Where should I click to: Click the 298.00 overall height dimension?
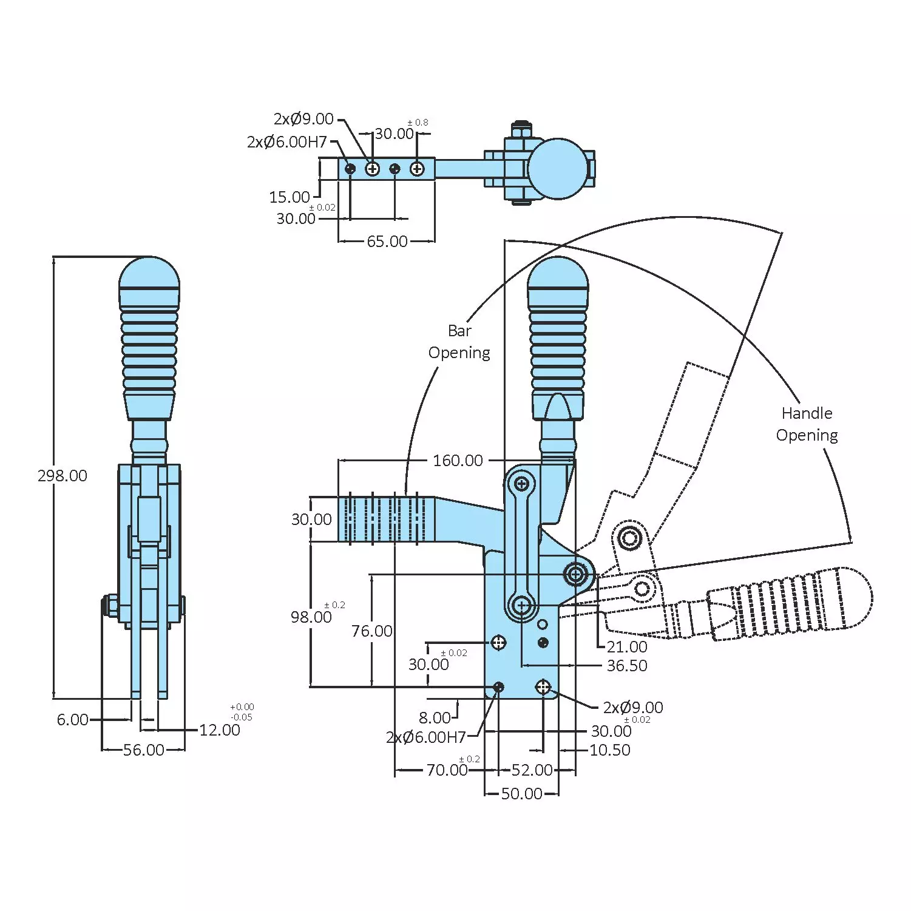point(63,476)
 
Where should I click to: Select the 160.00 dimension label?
point(458,461)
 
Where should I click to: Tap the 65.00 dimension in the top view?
point(387,242)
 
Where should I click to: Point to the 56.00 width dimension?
point(143,750)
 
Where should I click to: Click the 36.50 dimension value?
point(627,666)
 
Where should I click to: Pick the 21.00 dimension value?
point(627,647)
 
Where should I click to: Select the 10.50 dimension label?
point(610,750)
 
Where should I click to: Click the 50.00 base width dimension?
point(521,794)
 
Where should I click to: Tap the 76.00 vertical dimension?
point(371,631)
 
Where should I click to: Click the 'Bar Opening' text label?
point(459,342)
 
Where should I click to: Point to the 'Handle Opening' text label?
point(807,424)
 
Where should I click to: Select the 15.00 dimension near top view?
point(290,197)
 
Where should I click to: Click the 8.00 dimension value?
point(435,718)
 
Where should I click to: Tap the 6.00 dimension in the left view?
point(72,720)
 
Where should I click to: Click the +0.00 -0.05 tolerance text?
point(242,712)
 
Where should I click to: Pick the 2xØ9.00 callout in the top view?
point(303,119)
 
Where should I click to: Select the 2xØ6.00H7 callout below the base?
point(425,737)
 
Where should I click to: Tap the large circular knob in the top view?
point(558,169)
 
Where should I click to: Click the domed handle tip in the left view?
point(149,276)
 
